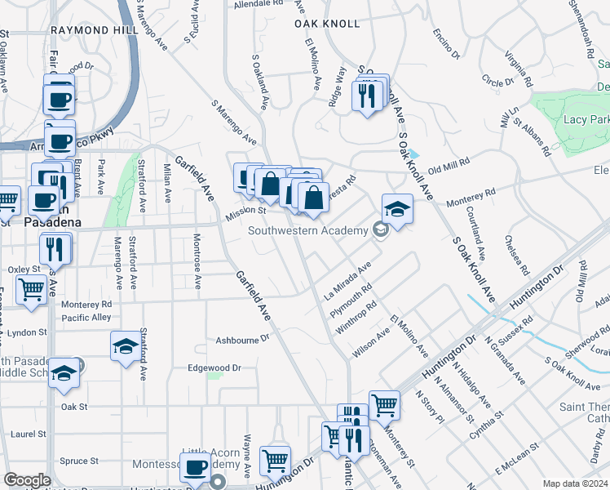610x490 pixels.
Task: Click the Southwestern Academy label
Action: [x=308, y=231]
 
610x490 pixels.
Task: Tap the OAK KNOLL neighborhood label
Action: [x=327, y=24]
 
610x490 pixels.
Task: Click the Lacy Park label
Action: [x=586, y=120]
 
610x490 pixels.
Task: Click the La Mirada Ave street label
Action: [x=348, y=280]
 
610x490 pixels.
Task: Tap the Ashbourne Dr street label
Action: [x=243, y=339]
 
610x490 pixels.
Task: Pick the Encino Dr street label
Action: [x=447, y=45]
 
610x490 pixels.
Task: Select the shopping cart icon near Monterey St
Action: [x=383, y=403]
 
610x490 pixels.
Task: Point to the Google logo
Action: [x=27, y=480]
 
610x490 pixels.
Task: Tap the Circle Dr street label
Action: [x=494, y=82]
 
